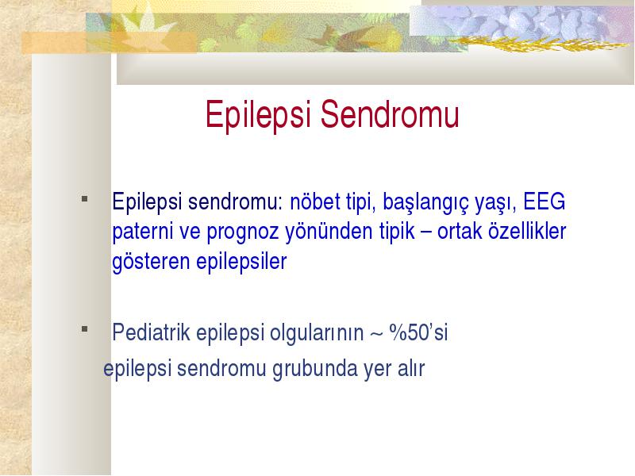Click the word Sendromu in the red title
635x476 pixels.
(390, 114)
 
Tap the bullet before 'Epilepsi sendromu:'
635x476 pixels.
(85, 199)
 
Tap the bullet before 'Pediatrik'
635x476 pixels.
(85, 329)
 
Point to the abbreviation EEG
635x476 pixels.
(544, 202)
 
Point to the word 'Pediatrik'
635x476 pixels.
(151, 332)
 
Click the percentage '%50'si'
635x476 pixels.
(418, 332)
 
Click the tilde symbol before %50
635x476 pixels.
(376, 334)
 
